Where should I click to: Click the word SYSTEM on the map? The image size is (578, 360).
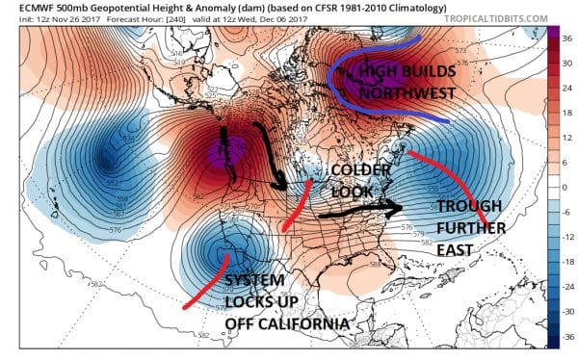pos(255,280)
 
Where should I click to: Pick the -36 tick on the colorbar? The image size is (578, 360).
pos(565,336)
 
